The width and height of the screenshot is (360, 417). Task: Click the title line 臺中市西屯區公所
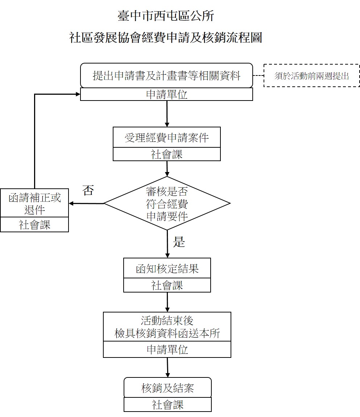(166, 16)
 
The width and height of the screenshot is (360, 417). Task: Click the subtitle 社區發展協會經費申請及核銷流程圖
(166, 37)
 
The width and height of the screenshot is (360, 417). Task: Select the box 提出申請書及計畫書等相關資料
(166, 75)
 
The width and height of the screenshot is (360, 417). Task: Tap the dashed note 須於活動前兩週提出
(311, 76)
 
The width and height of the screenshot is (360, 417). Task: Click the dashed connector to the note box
(258, 76)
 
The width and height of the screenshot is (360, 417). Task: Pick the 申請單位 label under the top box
(166, 95)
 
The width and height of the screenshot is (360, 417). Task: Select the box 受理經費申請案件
(167, 138)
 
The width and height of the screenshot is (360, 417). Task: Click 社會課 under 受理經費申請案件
(167, 154)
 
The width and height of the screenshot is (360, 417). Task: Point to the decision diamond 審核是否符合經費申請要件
(167, 203)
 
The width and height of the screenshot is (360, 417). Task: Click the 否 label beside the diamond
(88, 190)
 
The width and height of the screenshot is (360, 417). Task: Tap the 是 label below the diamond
(179, 242)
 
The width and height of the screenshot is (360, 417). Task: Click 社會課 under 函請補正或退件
(34, 225)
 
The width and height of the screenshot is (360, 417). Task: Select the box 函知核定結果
(167, 269)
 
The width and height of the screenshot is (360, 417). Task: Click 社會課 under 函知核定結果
(167, 285)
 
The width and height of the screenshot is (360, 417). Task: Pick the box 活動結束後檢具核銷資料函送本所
(167, 327)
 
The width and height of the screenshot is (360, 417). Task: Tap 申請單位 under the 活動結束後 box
(167, 349)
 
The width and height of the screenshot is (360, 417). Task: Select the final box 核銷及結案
(167, 388)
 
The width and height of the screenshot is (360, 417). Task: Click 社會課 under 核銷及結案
(167, 405)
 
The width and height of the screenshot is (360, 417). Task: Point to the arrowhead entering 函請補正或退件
(71, 204)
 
